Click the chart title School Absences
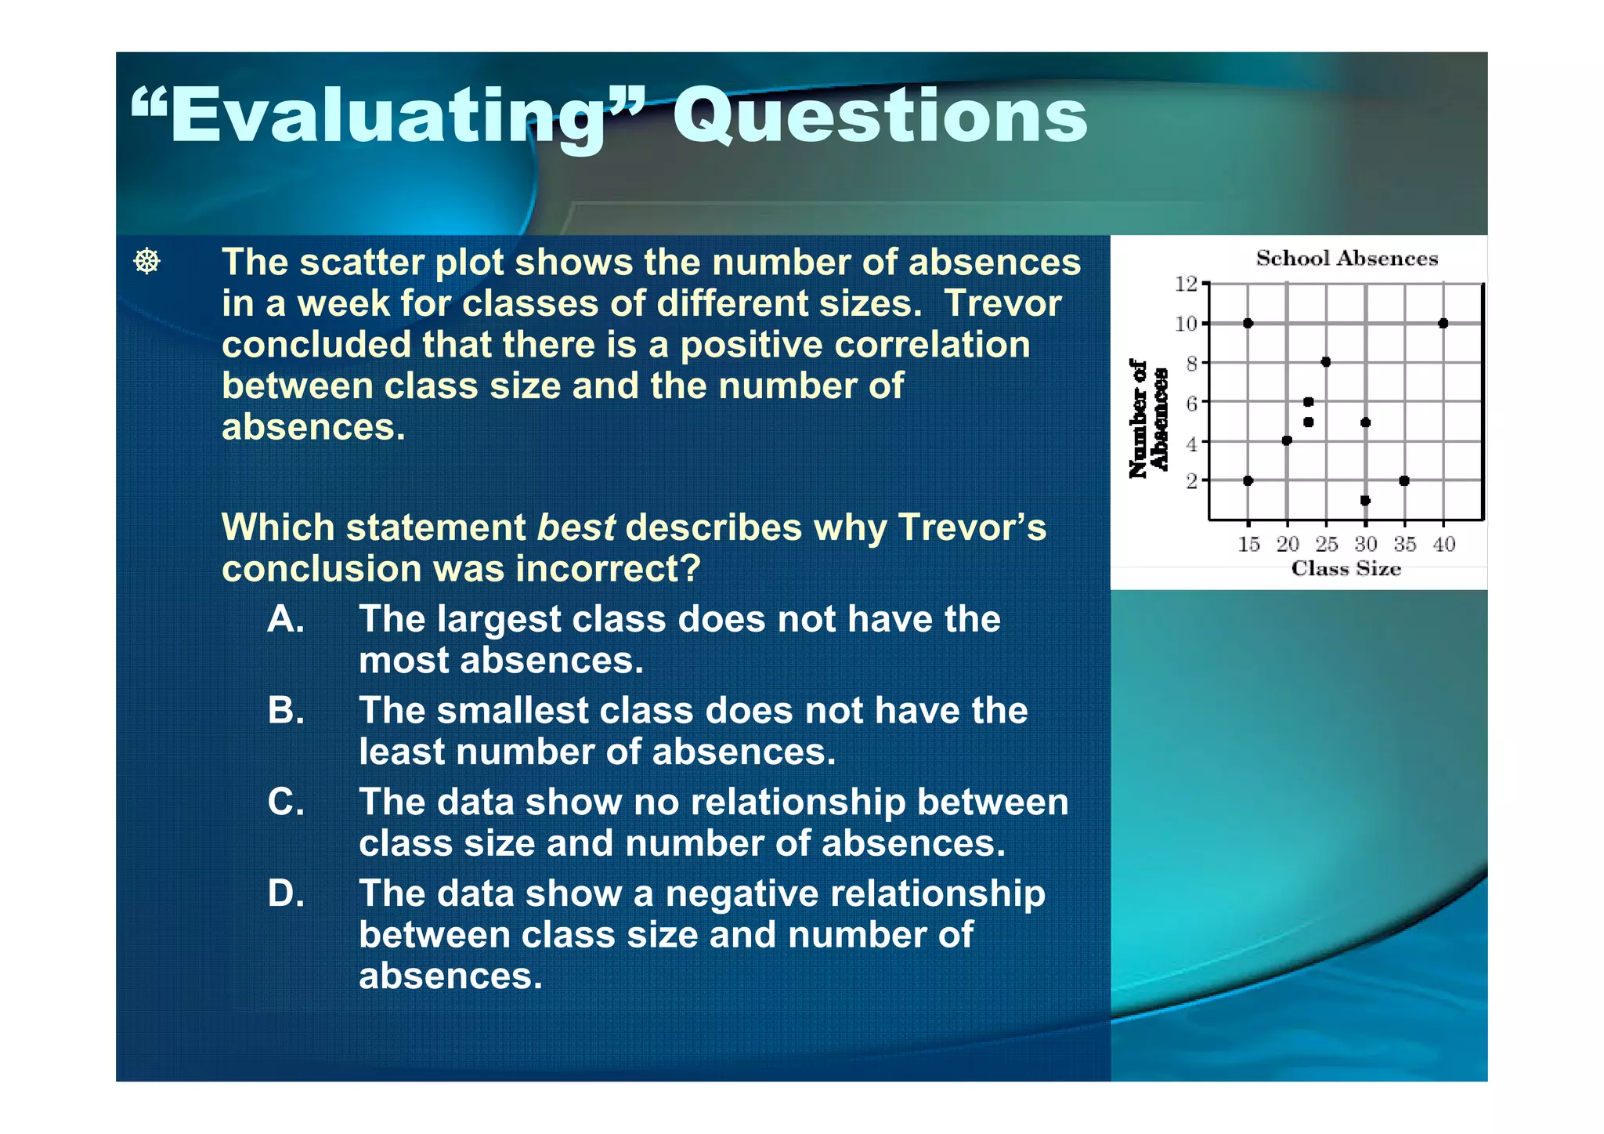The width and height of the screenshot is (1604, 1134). point(1346,259)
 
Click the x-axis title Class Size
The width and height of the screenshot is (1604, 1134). point(1346,568)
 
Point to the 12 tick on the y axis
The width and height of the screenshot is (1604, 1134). point(1187,284)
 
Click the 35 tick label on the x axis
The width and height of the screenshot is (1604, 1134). point(1404,544)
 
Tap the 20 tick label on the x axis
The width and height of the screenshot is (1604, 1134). point(1288,544)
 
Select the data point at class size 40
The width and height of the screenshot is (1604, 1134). point(1443,323)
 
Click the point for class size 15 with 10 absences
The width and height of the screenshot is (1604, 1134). point(1248,323)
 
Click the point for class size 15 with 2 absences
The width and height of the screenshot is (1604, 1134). point(1248,480)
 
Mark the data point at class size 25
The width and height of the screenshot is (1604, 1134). point(1326,362)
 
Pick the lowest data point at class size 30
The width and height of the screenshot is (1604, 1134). point(1365,500)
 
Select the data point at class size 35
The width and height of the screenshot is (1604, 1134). point(1404,480)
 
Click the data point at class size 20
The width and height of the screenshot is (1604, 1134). point(1287,440)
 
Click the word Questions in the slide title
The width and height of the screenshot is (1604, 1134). point(880,116)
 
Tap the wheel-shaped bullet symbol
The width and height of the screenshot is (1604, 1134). point(147,261)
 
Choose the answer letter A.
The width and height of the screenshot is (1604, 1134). point(285,619)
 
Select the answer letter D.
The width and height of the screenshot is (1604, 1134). point(285,893)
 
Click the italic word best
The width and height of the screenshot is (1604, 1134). point(576,527)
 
